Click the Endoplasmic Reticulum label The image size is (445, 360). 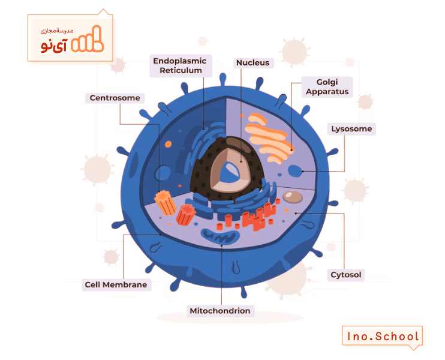181,65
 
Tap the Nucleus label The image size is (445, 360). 252,63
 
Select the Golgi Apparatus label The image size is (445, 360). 327,87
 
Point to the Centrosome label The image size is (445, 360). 115,98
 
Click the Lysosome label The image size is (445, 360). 351,129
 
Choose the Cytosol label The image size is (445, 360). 345,275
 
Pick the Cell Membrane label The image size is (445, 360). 116,285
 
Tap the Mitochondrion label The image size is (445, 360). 220,311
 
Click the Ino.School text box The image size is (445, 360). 382,337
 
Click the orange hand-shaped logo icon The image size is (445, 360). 88,40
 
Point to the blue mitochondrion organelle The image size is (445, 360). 220,236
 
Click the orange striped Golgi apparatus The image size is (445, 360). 268,139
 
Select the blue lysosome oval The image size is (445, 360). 295,171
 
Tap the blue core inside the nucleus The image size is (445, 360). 230,172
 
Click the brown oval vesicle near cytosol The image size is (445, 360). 292,197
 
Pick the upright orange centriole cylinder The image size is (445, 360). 165,202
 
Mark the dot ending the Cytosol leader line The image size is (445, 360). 296,213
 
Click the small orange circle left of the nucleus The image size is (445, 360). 169,144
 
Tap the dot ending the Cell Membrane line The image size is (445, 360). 161,235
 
